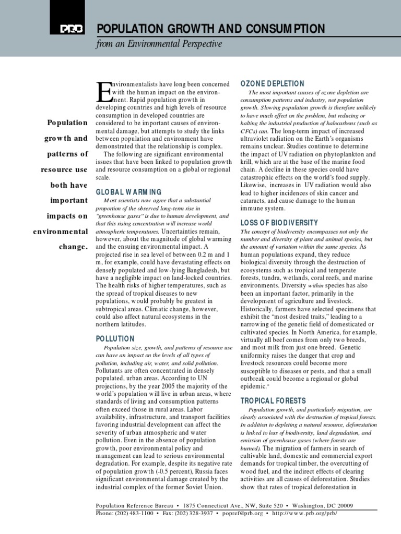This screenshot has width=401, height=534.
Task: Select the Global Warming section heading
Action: [x=129, y=192]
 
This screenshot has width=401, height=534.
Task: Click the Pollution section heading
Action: [x=115, y=338]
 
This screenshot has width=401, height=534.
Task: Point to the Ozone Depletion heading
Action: [x=272, y=83]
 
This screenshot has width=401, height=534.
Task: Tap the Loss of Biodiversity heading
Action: [x=279, y=222]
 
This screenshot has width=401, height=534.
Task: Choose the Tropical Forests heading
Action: [x=273, y=400]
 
